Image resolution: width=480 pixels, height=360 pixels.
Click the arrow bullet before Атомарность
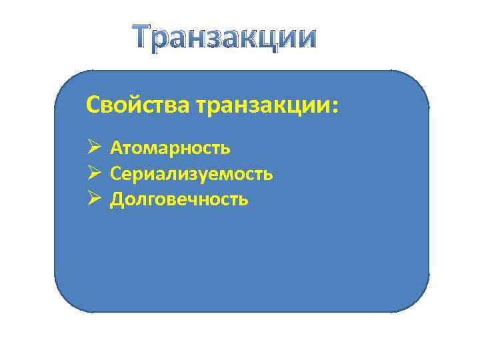tap(93, 147)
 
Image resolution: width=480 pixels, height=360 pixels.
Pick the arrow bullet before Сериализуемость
tap(93, 173)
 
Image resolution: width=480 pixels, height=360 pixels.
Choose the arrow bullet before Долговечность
tap(93, 199)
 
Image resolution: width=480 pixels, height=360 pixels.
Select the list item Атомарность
tap(171, 147)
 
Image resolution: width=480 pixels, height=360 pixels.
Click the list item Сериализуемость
tap(191, 174)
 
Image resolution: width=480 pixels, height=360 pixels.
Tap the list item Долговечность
tap(179, 199)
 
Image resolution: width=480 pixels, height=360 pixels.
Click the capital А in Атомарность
tap(117, 147)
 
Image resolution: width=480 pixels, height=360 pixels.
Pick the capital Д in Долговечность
tap(117, 199)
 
